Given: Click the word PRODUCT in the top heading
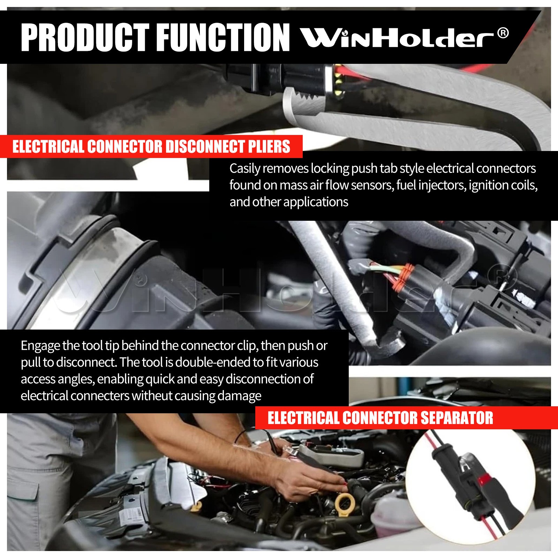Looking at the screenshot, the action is [85, 38].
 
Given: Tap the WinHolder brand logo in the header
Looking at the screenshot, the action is [398, 38].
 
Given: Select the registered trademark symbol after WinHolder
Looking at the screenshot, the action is [502, 33].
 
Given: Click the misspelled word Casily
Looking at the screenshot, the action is [245, 169].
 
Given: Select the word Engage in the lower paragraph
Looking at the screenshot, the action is [40, 346].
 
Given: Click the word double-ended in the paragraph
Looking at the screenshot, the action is [214, 362].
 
